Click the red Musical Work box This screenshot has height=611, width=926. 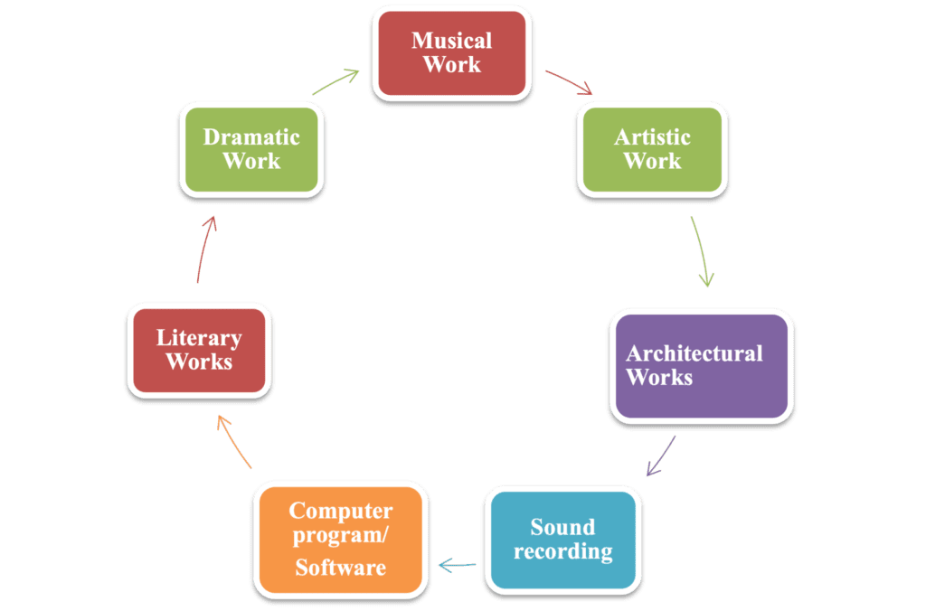pyautogui.click(x=451, y=52)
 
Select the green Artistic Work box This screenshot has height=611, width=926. pyautogui.click(x=652, y=149)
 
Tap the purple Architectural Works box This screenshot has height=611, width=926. pyautogui.click(x=701, y=365)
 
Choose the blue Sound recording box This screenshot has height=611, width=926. pyautogui.click(x=562, y=539)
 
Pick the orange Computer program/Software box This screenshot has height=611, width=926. pyautogui.click(x=340, y=539)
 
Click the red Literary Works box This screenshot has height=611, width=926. pyautogui.click(x=199, y=350)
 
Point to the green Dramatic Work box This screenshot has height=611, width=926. pyautogui.click(x=251, y=149)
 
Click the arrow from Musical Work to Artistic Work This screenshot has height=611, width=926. pyautogui.click(x=568, y=81)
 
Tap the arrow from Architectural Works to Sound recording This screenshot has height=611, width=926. pyautogui.click(x=662, y=456)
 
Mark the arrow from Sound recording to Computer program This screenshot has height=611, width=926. pyautogui.click(x=458, y=566)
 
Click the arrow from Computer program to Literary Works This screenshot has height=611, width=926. pyautogui.click(x=234, y=442)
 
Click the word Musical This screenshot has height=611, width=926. pyautogui.click(x=451, y=41)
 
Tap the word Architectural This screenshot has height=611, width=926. pyautogui.click(x=694, y=353)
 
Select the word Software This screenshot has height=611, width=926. pyautogui.click(x=340, y=568)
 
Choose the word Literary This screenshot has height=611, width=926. pyautogui.click(x=199, y=339)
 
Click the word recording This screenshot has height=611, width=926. pyautogui.click(x=562, y=550)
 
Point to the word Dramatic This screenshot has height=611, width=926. pyautogui.click(x=251, y=137)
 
